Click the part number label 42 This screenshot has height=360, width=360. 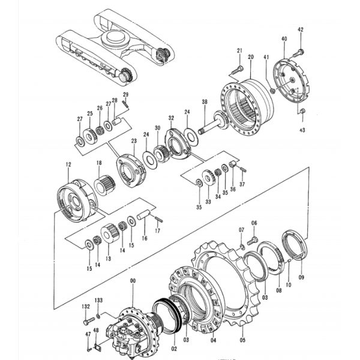[x=301, y=29]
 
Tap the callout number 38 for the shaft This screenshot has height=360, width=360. [x=205, y=102]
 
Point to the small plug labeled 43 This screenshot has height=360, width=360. [x=303, y=111]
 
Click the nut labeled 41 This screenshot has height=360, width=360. [x=272, y=91]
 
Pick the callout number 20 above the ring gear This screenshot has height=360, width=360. [x=251, y=57]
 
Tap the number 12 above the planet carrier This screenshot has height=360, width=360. [x=68, y=164]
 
